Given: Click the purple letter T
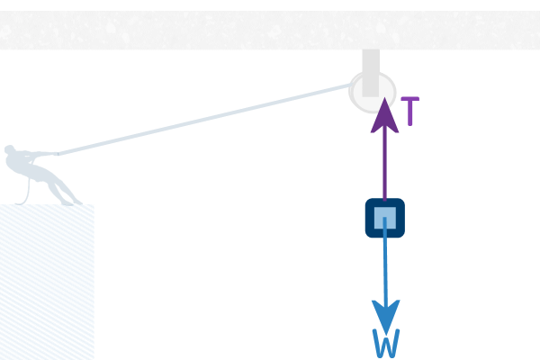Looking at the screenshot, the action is (x=410, y=111).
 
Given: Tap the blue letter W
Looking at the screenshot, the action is (x=386, y=344).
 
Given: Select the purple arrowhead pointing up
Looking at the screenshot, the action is (x=384, y=115).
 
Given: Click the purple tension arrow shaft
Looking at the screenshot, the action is (x=384, y=166).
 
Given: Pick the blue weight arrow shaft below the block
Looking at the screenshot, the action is (x=385, y=262).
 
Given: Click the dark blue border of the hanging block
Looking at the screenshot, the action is (x=368, y=218).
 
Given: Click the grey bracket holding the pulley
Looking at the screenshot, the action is (x=371, y=73).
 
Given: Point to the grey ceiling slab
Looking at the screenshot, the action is (x=270, y=30).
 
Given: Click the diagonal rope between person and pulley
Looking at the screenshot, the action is (x=204, y=119).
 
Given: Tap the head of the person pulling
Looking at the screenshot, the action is (x=9, y=149).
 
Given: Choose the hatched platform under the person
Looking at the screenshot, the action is (x=47, y=282).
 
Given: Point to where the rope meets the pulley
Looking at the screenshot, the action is (x=352, y=84).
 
